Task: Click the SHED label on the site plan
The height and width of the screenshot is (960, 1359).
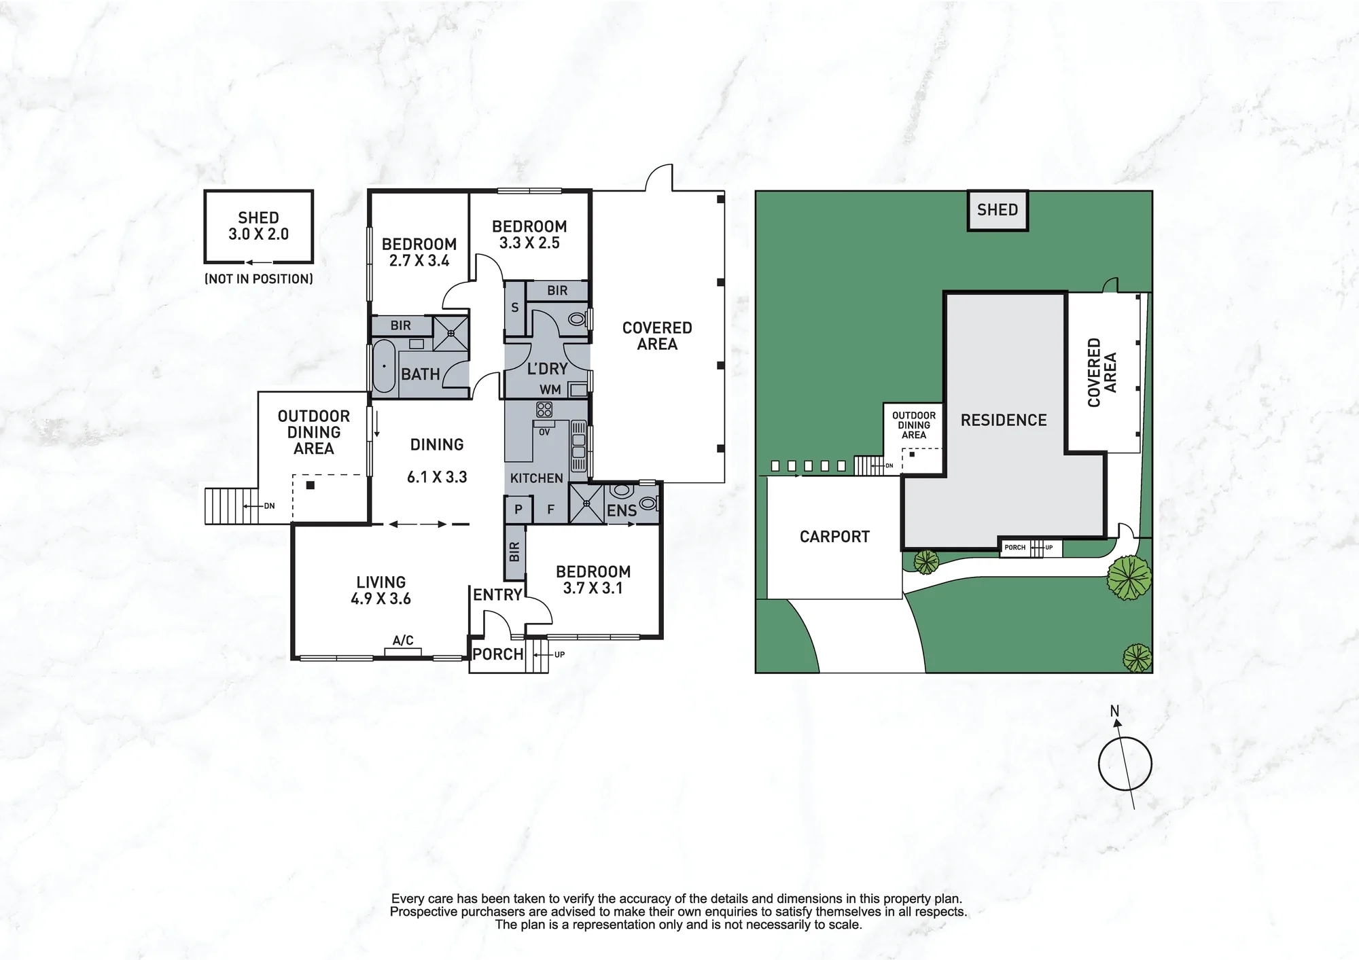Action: (x=998, y=210)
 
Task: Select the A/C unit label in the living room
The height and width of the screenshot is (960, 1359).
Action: (x=403, y=640)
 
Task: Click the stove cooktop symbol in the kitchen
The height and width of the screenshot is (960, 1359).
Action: (x=544, y=409)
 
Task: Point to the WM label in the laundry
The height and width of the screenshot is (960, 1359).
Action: (x=550, y=390)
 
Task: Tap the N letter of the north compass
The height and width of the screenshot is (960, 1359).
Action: (x=1114, y=711)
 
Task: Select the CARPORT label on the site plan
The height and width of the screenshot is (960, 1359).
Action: (x=834, y=537)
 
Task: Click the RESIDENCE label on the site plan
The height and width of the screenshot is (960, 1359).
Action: (x=1004, y=421)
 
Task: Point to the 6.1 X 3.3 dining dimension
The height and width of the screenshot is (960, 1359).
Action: (x=437, y=477)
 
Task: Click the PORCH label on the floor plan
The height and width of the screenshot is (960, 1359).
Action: (x=498, y=654)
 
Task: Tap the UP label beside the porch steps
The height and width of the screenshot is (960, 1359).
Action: (x=559, y=655)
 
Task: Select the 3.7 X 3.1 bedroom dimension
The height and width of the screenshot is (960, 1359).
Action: (x=593, y=588)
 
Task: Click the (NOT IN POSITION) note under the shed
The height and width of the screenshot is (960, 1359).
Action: (x=259, y=279)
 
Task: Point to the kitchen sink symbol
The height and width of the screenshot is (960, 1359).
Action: (x=578, y=446)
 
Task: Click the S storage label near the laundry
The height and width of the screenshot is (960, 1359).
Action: (x=515, y=308)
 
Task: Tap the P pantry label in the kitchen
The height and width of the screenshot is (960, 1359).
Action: (x=518, y=510)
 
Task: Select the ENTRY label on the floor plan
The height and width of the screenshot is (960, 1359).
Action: (x=497, y=595)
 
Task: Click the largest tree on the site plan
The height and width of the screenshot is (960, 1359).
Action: (x=1129, y=578)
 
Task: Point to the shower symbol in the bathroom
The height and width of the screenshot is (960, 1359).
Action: (x=451, y=332)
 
